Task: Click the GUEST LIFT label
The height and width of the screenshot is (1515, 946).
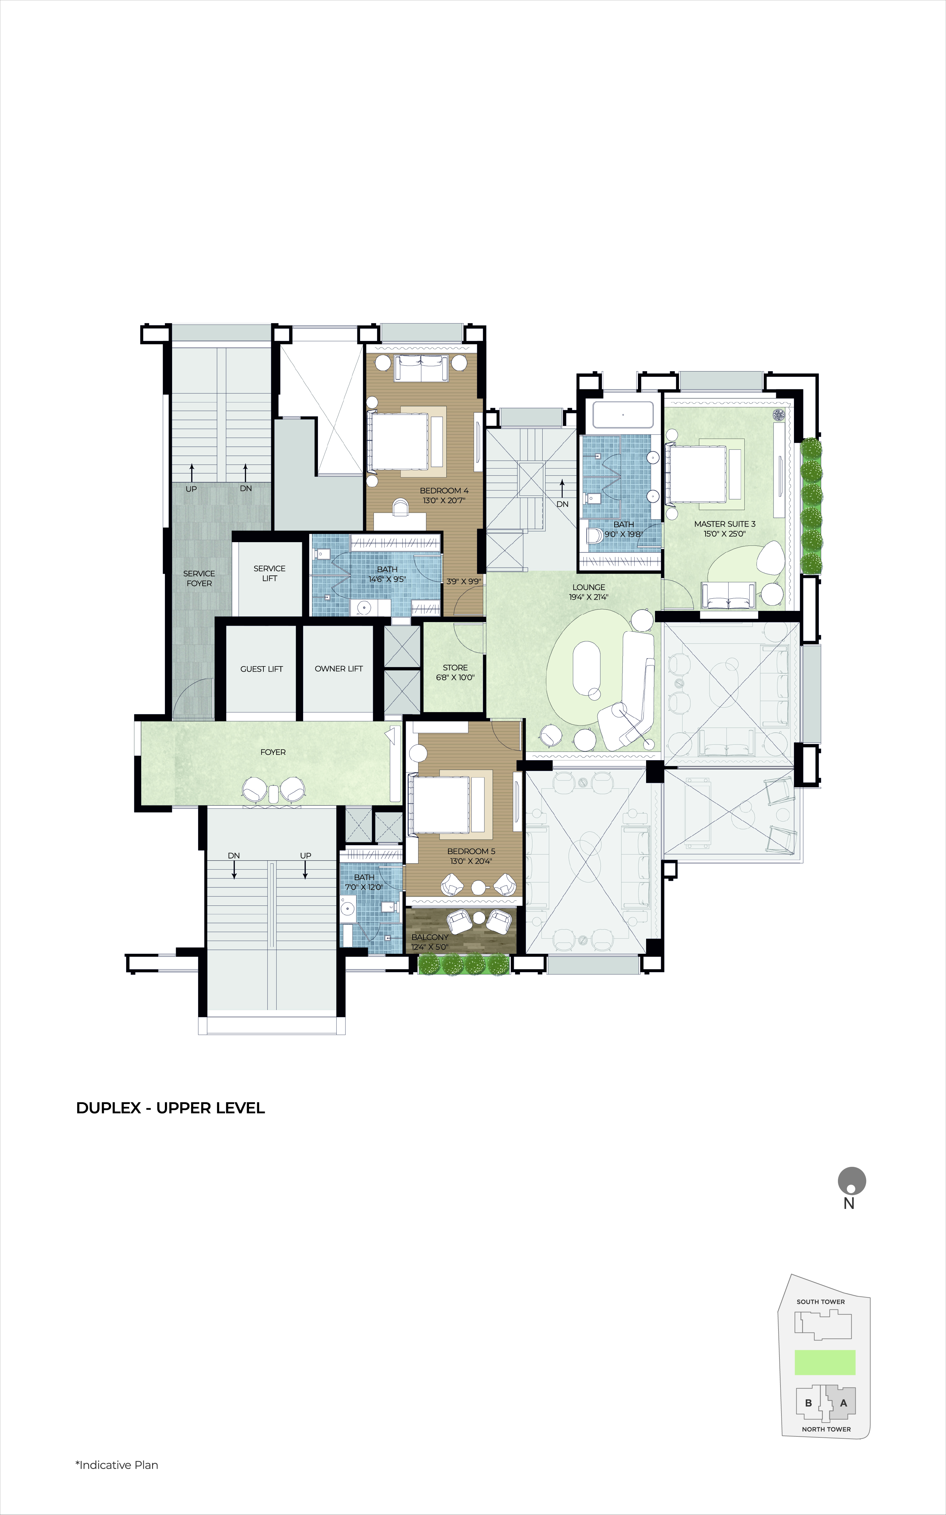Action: [261, 669]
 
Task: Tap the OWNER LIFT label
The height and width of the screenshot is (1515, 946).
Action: [338, 669]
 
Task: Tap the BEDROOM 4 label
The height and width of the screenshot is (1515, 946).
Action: [444, 491]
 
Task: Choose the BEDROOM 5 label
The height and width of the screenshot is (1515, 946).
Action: [471, 852]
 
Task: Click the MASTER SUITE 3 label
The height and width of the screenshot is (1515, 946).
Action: [725, 524]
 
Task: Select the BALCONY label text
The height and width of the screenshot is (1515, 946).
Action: [430, 937]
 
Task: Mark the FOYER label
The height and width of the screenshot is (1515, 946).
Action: [273, 752]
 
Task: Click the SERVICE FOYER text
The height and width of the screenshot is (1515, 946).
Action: [199, 578]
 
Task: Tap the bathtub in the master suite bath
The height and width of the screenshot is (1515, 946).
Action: [623, 415]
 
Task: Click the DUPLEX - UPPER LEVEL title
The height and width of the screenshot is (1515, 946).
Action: [170, 1108]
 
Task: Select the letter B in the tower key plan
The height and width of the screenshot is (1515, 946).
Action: [808, 1403]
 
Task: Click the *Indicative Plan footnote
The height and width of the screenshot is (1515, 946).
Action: [117, 1465]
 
